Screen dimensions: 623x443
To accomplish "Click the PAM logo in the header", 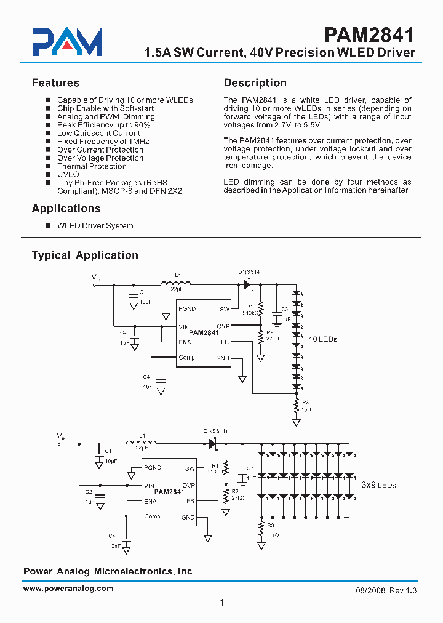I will (x=67, y=42).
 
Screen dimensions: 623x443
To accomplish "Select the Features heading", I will (x=55, y=82).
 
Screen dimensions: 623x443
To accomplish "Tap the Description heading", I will (x=255, y=82).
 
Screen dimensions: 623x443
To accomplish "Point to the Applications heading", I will (x=66, y=208).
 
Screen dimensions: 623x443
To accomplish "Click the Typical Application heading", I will (x=85, y=255).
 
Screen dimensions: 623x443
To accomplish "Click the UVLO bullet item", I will (x=68, y=174).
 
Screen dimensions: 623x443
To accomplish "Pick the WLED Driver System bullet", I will (x=95, y=225).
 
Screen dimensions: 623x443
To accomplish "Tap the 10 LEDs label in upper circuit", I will (x=323, y=339).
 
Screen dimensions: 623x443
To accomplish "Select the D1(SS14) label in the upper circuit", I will (x=250, y=271).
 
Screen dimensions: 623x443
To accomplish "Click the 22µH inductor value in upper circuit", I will (x=177, y=289).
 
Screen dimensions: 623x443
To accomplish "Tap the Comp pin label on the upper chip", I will (x=186, y=358).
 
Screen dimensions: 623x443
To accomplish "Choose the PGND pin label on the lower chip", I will (x=152, y=468).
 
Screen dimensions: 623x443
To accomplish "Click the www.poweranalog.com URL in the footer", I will (x=68, y=588).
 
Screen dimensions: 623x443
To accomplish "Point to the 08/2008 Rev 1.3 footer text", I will (x=386, y=590).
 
